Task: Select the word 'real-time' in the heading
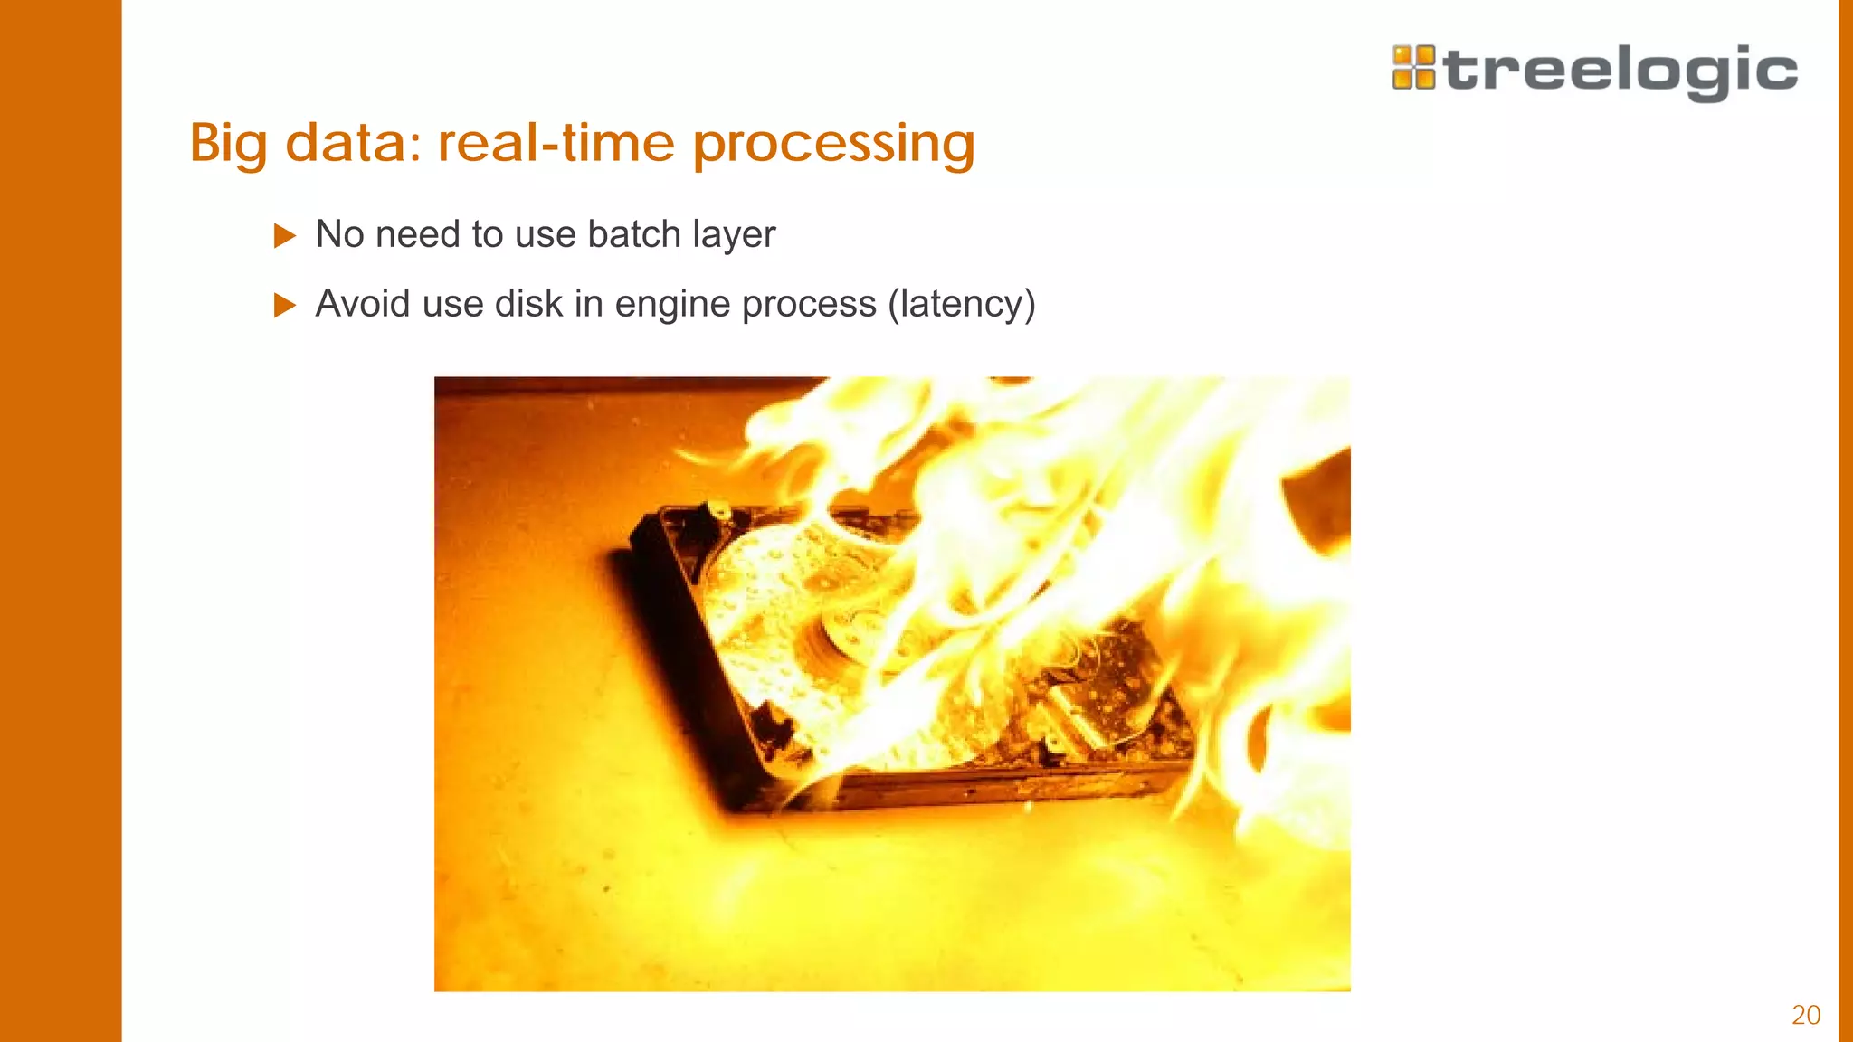pyautogui.click(x=556, y=143)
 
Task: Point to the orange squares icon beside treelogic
pyautogui.click(x=1413, y=68)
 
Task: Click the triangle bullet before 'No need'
pyautogui.click(x=284, y=236)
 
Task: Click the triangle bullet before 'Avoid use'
pyautogui.click(x=284, y=305)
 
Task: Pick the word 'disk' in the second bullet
pyautogui.click(x=528, y=304)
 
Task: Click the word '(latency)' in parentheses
pyautogui.click(x=961, y=304)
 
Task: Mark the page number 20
pyautogui.click(x=1806, y=1015)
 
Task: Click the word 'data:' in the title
pyautogui.click(x=353, y=143)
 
